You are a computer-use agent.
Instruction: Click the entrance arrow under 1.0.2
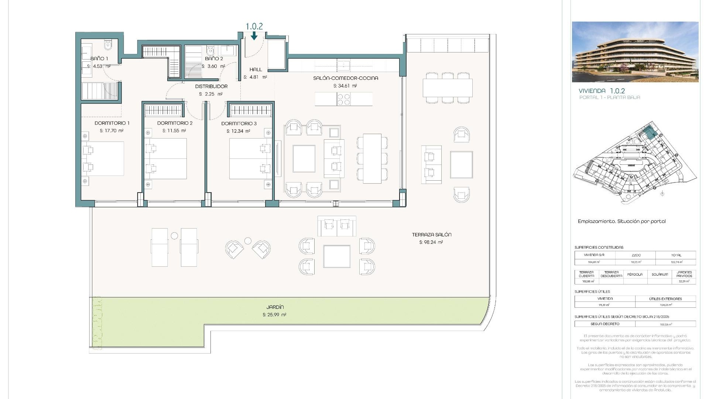coord(254,36)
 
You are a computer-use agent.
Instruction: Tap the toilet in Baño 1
coord(108,46)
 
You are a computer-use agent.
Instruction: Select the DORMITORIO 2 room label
coord(175,123)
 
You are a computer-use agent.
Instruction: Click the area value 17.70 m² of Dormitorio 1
coord(112,131)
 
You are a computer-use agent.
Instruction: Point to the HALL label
coord(256,69)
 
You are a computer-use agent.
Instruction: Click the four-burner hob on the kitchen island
coord(343,99)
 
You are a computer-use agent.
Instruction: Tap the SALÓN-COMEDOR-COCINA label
coord(345,78)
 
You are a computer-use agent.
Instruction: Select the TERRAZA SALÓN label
coord(431,235)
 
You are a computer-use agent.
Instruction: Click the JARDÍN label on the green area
coord(275,307)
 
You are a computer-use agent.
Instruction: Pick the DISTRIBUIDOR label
coord(211,86)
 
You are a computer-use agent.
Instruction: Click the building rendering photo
coord(635,52)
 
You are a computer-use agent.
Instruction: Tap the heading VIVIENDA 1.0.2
coord(602,91)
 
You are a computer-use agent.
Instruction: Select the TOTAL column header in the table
coord(676,255)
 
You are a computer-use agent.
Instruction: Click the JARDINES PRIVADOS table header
coord(684,274)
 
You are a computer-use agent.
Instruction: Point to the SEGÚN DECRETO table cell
coord(605,324)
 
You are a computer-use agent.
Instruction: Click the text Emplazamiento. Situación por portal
coord(621,221)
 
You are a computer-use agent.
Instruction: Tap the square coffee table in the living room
coord(304,159)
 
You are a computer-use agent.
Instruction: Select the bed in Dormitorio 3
coord(246,159)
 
